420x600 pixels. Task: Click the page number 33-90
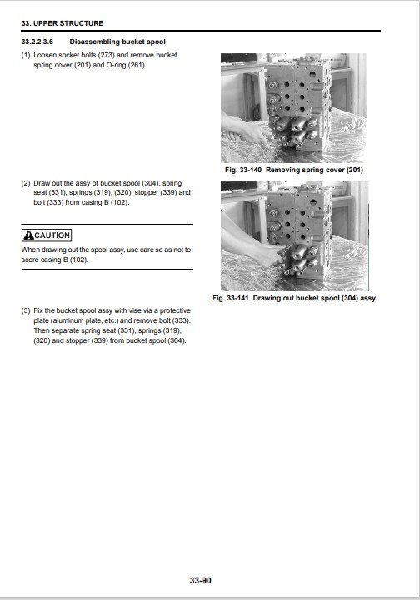[201, 581]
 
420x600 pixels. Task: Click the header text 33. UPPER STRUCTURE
[62, 23]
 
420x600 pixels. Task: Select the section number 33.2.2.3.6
[37, 42]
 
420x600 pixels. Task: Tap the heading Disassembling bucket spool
[117, 42]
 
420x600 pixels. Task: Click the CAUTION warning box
[47, 236]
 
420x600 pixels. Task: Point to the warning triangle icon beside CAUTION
[28, 236]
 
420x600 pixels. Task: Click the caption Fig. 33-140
[243, 170]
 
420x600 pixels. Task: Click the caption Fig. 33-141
[230, 298]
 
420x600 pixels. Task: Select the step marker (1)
[26, 55]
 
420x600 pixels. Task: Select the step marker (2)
[26, 183]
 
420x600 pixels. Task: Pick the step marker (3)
[26, 310]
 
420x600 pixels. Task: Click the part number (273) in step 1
[107, 55]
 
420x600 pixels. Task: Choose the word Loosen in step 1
[45, 55]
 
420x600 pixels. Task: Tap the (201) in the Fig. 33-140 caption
[355, 170]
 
